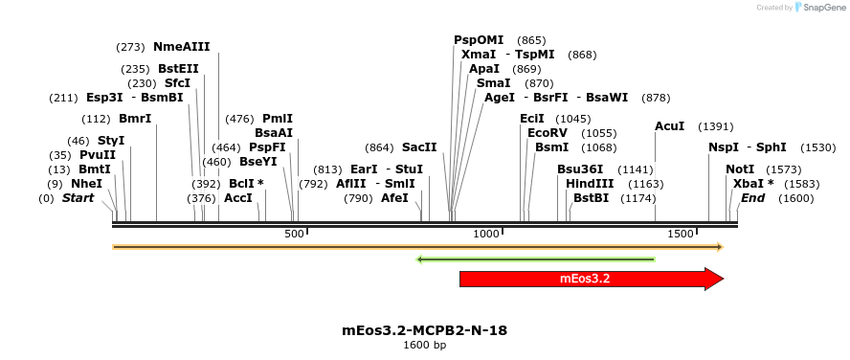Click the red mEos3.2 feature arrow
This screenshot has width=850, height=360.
point(585,279)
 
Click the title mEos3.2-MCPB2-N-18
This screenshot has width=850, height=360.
point(424,330)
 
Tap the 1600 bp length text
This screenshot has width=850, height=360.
point(424,345)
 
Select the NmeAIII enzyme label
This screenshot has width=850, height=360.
point(181,46)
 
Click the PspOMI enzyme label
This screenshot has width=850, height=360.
point(479,40)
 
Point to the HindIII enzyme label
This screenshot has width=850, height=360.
point(588,184)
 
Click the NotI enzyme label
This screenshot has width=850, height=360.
point(740,169)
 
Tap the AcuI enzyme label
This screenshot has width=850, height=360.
point(670,126)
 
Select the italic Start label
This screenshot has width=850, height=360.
point(78,198)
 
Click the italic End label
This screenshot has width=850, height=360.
point(752,198)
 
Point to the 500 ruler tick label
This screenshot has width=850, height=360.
point(294,234)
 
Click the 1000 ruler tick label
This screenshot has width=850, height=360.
point(487,234)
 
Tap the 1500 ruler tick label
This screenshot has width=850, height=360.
point(680,234)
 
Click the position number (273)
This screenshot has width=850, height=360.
point(130,46)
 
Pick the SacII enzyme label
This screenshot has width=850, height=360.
point(419,147)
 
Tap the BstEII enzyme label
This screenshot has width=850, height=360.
point(179,69)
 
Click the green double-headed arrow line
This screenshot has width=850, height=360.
point(536,259)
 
